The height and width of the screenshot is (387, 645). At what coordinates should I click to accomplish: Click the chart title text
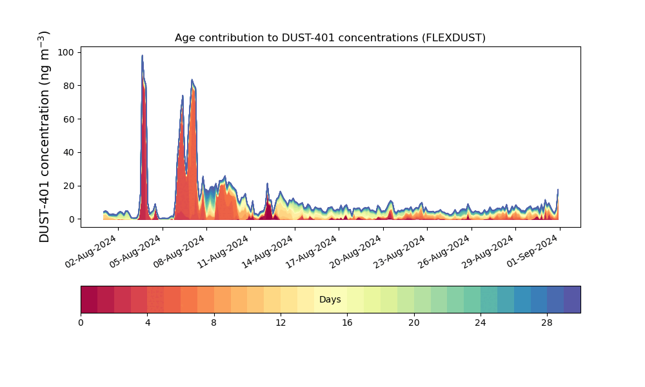tap(330, 38)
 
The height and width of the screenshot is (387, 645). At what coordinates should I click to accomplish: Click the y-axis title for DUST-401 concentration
tap(44, 137)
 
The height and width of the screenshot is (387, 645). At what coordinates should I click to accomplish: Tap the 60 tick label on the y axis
tap(69, 119)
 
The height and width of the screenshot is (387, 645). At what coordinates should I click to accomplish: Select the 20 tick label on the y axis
tap(69, 186)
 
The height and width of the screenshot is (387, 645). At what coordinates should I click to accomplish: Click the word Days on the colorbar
tap(330, 299)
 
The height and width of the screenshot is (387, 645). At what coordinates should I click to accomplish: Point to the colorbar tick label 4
tap(147, 323)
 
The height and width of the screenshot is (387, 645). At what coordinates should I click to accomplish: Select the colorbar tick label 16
tap(347, 323)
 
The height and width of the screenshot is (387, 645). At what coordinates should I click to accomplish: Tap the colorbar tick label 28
tap(547, 323)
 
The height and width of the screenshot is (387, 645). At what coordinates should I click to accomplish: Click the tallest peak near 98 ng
tap(143, 55)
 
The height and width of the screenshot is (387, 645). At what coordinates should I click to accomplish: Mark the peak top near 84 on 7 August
tap(192, 80)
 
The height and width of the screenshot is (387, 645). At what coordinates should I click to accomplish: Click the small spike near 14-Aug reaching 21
tap(268, 184)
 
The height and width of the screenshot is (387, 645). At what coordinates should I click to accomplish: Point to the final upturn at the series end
tap(558, 190)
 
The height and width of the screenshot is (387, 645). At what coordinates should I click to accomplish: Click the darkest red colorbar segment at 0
tap(89, 299)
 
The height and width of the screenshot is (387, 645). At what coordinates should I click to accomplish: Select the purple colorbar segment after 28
tap(572, 299)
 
